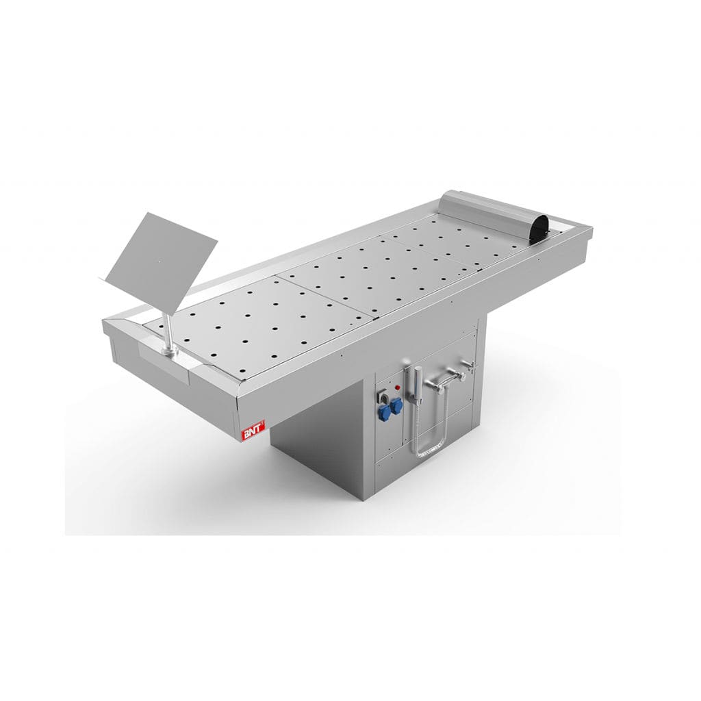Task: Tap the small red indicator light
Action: pyautogui.click(x=398, y=387)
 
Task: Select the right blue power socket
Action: pyautogui.click(x=396, y=405)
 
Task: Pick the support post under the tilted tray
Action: pyautogui.click(x=167, y=329)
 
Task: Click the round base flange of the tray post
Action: pyautogui.click(x=169, y=351)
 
